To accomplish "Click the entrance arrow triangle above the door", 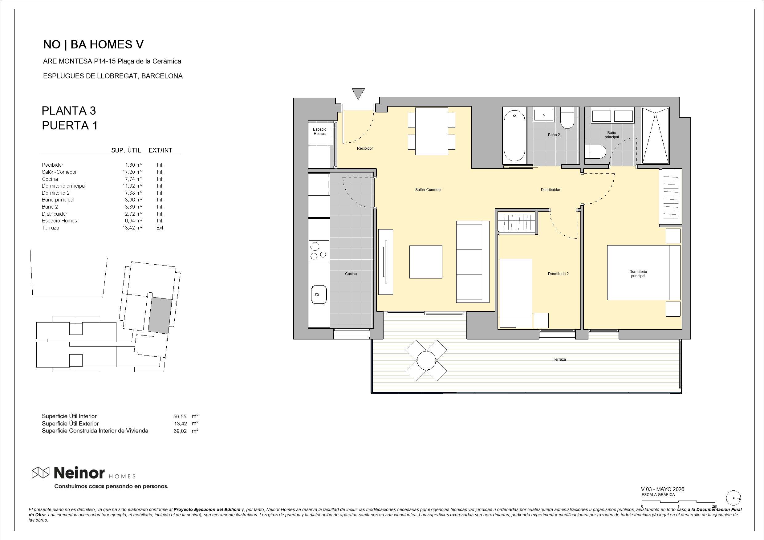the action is (x=358, y=94).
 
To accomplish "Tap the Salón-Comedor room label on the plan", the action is (x=428, y=190).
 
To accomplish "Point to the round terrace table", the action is (x=426, y=360).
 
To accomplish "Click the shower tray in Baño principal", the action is (x=655, y=136).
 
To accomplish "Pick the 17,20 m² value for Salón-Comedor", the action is (x=132, y=172).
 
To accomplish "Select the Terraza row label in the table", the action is (x=51, y=228).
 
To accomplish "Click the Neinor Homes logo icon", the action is (x=40, y=472).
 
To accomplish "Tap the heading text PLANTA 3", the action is (x=69, y=111).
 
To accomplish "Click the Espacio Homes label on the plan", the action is (x=319, y=132).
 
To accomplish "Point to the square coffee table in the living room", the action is (x=425, y=262).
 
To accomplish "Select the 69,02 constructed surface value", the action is (x=180, y=431).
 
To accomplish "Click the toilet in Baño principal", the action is (x=595, y=152).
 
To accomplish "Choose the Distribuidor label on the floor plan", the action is (x=551, y=190).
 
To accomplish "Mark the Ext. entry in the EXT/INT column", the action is (x=161, y=228).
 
